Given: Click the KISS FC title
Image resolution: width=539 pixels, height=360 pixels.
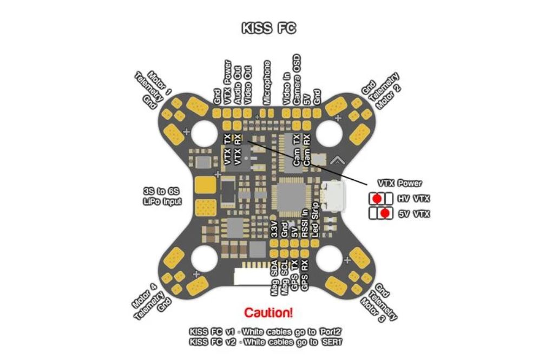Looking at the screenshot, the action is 269,28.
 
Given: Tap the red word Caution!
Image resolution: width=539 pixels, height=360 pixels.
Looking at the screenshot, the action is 269,312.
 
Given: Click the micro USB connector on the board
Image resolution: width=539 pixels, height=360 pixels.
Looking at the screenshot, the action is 332,198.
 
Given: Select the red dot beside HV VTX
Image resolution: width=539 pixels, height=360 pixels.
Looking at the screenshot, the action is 377,199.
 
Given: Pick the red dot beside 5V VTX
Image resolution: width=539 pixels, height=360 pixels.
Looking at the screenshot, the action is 385,213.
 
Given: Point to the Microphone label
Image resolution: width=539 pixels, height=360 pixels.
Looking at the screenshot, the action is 267,82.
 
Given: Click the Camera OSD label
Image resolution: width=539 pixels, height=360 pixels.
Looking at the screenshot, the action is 297,80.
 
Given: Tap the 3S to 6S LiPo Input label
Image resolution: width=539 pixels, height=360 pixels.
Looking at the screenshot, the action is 162,197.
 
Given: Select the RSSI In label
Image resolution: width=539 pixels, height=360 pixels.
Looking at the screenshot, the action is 305,223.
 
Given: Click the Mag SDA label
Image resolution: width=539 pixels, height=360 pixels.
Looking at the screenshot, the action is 274,278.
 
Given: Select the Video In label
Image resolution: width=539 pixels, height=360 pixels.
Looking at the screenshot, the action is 286,89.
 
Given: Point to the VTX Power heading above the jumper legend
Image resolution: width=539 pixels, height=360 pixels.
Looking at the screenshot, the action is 400,184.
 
